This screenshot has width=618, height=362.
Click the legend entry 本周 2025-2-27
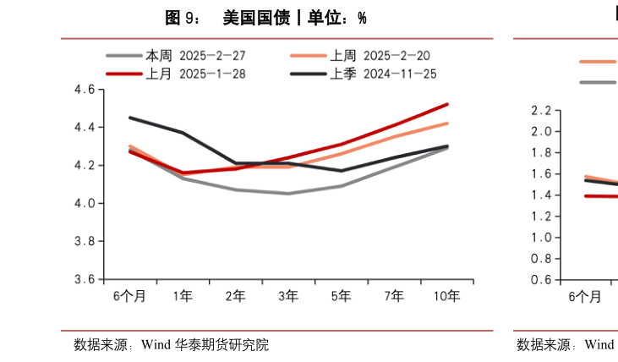194,56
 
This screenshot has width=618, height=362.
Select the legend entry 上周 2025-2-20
379,56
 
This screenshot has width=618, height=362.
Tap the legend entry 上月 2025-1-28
194,74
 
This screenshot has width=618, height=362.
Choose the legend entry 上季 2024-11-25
382,74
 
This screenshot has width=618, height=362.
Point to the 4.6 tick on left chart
84,90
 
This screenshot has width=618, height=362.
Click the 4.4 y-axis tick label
84,128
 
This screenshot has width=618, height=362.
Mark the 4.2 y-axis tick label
84,166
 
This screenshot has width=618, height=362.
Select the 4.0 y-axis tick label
84,204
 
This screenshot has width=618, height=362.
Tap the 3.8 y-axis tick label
84,242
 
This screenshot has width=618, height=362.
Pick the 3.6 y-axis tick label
84,280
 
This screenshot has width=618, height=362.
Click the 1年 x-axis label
183,296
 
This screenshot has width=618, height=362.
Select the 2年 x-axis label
235,296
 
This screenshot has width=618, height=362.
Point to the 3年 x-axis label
288,296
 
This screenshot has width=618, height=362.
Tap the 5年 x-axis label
341,296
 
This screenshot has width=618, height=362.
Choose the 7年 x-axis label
394,296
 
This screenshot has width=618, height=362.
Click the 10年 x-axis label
446,296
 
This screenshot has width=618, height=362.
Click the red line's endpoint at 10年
447,104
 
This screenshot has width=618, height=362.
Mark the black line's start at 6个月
129,118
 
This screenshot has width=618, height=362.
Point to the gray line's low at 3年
288,194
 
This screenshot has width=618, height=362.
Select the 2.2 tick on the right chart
541,111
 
